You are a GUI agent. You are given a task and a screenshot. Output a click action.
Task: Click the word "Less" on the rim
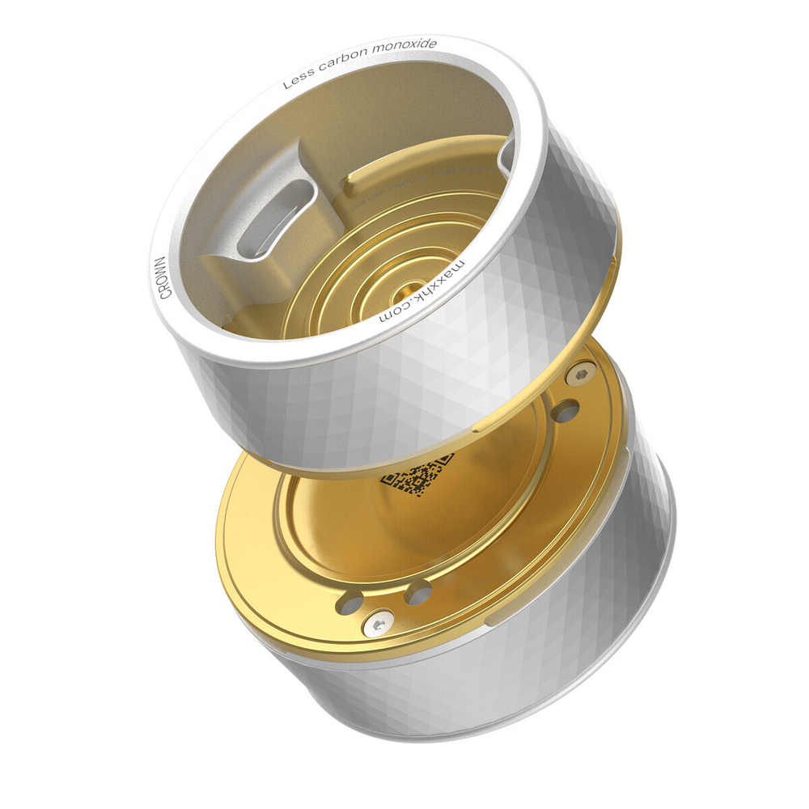click(299, 80)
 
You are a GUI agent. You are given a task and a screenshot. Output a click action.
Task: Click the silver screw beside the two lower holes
click(379, 624)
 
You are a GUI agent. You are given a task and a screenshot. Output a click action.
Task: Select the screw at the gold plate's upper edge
click(580, 375)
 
